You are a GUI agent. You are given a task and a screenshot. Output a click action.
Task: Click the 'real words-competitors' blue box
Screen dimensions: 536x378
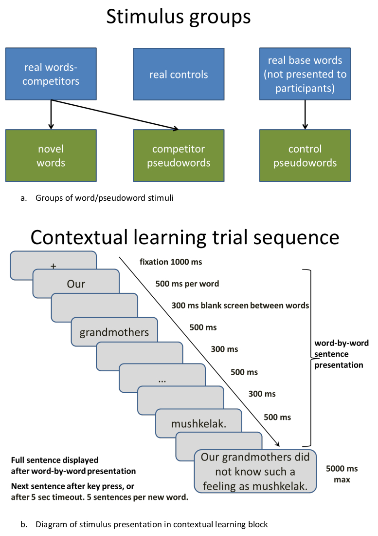51,74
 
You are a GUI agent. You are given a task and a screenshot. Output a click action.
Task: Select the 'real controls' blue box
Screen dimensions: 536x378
179,75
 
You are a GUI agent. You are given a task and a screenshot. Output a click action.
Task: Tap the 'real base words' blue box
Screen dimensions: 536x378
305,74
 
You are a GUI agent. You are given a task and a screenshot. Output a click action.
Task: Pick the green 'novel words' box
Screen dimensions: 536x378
51,155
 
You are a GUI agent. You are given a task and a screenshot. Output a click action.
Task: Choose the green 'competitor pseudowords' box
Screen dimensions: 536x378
179,155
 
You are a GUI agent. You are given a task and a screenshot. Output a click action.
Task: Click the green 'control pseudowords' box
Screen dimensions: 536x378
305,155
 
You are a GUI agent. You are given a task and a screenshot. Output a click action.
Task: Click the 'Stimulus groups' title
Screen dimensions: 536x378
178,17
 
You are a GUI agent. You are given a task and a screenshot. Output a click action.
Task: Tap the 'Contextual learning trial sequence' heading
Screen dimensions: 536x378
184,237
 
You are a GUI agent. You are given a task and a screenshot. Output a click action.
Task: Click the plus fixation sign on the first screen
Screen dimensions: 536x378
53,266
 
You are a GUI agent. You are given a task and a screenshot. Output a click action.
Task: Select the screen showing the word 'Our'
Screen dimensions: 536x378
76,284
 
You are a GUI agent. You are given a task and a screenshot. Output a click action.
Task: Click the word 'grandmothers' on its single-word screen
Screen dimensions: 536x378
114,333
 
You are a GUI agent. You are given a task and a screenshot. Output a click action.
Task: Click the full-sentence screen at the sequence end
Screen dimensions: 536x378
255,472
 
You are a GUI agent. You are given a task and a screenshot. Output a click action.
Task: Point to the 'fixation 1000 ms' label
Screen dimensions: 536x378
170,262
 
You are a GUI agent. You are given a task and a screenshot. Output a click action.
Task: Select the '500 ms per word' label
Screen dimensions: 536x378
187,284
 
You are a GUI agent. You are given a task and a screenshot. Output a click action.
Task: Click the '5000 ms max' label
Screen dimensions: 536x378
342,474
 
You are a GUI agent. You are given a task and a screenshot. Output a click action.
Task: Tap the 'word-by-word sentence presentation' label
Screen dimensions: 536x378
339,354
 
